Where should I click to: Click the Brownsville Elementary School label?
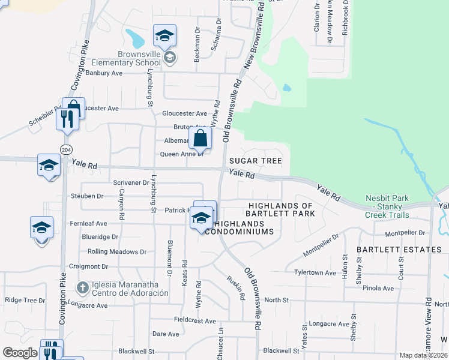click(139, 58)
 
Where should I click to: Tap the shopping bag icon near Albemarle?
click(200, 139)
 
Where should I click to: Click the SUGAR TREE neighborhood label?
click(255, 161)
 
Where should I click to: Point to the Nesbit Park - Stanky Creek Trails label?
click(387, 206)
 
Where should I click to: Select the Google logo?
click(20, 353)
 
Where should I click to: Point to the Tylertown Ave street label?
click(315, 273)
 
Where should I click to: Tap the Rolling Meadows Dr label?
click(117, 252)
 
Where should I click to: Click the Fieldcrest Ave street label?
click(194, 321)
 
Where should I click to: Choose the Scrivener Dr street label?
click(131, 182)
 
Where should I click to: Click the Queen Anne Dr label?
click(182, 154)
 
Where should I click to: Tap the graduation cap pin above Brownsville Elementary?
click(164, 36)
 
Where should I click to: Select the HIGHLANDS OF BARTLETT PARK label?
click(282, 209)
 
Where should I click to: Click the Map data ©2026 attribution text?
click(423, 355)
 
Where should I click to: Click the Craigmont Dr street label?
click(88, 266)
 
